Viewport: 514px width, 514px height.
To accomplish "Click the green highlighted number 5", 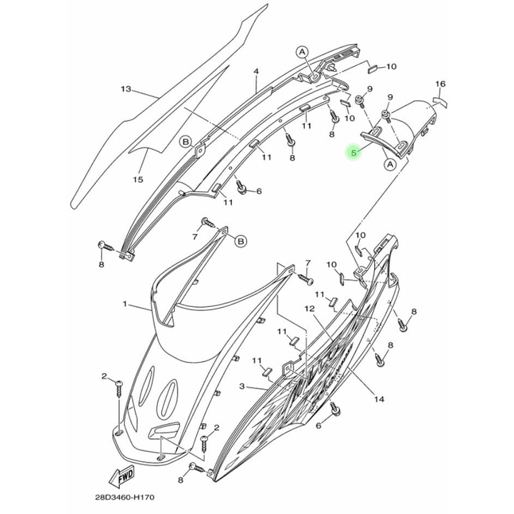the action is (353, 153).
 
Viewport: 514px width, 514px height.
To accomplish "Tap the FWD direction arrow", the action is (122, 477).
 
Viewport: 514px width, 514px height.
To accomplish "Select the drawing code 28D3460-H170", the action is (125, 498).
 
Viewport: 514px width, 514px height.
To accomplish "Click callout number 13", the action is (126, 89).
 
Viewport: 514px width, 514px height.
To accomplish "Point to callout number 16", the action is (440, 84).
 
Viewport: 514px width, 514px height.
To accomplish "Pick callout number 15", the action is (138, 179).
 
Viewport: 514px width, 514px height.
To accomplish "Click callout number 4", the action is (256, 71).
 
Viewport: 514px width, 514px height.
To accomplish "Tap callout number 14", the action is (379, 399).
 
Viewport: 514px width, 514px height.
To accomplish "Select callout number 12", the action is (309, 308).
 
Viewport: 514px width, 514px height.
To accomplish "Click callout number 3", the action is (242, 387).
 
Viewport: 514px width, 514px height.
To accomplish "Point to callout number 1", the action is (124, 304).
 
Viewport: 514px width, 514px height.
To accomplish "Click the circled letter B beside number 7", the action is (241, 241).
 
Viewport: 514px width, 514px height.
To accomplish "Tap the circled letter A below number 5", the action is (390, 164).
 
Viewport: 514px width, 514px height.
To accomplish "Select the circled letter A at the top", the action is (302, 52).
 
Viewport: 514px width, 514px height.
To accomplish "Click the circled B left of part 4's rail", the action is (186, 141).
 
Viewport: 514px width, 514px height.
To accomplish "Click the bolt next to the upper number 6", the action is (241, 188).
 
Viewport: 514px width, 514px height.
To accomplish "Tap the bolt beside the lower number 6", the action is (335, 409).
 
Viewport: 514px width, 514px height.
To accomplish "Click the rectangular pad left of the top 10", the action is (373, 68).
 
